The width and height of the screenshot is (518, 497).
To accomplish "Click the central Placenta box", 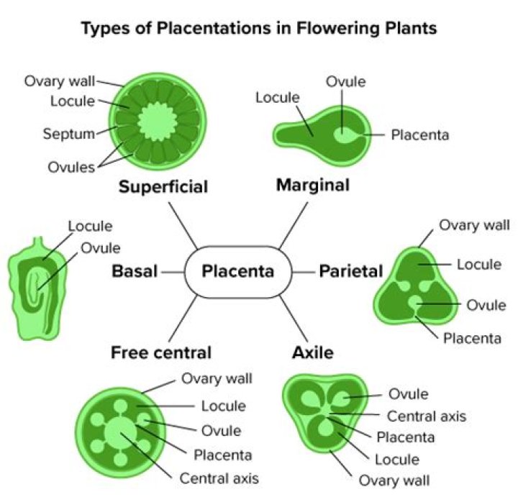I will pyautogui.click(x=238, y=271).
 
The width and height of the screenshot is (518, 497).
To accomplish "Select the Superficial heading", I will pyautogui.click(x=163, y=187).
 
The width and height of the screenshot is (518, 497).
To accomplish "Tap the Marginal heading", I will pyautogui.click(x=313, y=185).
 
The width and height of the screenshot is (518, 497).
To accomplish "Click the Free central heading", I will pyautogui.click(x=161, y=352).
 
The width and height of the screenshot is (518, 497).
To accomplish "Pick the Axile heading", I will pyautogui.click(x=313, y=352).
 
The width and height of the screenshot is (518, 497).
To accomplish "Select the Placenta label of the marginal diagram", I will pyautogui.click(x=420, y=134).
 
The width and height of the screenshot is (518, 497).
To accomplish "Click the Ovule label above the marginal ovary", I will pyautogui.click(x=346, y=82).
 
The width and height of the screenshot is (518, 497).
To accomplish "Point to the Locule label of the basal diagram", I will pyautogui.click(x=90, y=227).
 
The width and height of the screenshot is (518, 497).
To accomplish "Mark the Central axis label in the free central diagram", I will pyautogui.click(x=219, y=478).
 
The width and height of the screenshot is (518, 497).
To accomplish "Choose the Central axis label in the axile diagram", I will pyautogui.click(x=427, y=416).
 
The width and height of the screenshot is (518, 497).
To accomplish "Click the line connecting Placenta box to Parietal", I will pyautogui.click(x=304, y=271).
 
